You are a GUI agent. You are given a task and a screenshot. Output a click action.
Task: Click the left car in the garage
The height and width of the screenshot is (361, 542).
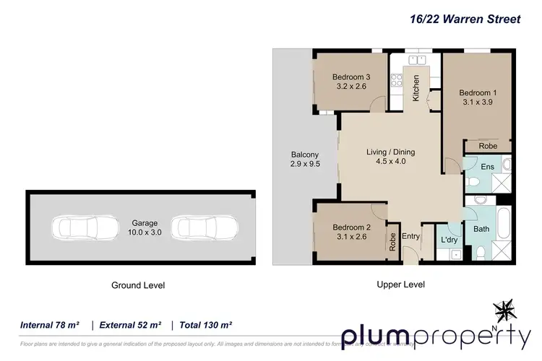tap(84, 227)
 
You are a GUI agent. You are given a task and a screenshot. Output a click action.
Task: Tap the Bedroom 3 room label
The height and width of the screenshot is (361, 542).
tap(351, 77)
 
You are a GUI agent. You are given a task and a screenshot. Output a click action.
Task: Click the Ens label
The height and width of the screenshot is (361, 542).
tap(487, 168)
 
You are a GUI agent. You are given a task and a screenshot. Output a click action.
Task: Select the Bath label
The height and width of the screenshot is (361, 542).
tap(481, 229)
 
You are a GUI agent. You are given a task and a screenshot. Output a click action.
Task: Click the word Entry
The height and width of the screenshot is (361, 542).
tap(410, 237)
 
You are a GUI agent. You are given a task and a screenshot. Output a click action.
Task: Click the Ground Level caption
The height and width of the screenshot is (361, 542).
tap(138, 285)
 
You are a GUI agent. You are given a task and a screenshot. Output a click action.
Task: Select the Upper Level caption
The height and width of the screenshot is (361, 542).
tap(400, 284)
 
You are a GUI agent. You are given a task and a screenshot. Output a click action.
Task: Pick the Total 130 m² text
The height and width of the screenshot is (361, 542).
tap(207, 325)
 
